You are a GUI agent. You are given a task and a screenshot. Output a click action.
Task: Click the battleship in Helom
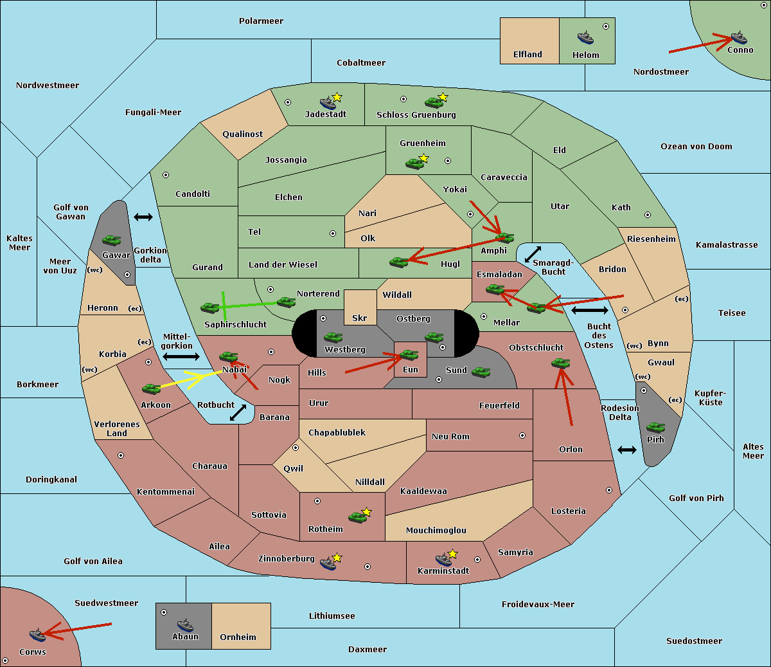585,37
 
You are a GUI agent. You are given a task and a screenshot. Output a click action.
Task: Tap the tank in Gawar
112,240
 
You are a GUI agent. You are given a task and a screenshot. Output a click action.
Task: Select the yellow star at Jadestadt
337,97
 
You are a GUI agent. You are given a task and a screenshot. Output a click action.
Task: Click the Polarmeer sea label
261,21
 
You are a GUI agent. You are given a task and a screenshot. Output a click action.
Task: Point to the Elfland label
527,55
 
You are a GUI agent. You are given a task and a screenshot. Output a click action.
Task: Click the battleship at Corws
38,634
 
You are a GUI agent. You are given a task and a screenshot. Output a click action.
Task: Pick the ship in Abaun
185,625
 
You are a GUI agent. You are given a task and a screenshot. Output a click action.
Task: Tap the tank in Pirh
655,427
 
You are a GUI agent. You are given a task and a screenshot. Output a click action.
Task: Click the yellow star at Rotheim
366,511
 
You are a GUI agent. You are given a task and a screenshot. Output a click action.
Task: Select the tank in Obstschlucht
561,363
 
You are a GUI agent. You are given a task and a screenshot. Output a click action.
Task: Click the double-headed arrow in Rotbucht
238,412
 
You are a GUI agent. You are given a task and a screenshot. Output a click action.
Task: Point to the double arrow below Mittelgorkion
181,356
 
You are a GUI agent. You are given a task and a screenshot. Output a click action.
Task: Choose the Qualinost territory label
242,134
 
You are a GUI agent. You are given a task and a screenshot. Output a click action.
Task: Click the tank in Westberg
333,338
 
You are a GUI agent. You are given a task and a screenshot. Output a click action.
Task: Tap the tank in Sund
481,372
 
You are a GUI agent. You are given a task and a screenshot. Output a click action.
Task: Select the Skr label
359,318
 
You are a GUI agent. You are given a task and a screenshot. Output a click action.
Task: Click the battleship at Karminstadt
443,560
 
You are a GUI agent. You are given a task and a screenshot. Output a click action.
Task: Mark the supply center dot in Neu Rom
522,435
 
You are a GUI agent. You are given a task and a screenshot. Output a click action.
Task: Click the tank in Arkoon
151,389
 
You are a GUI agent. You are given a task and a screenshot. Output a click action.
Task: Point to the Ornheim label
238,637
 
